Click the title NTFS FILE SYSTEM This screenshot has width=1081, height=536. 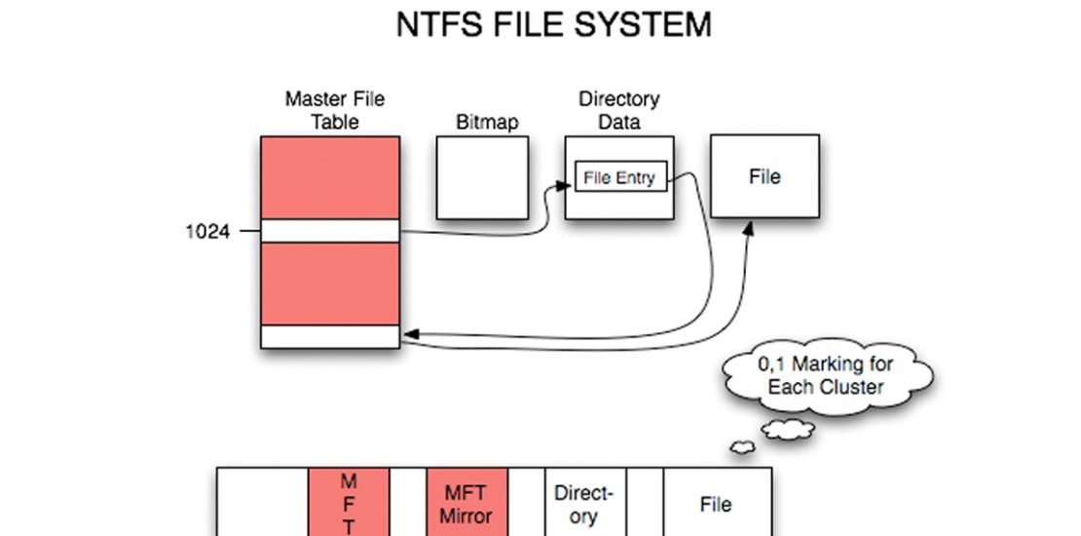[553, 24]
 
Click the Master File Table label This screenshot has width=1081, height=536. [334, 110]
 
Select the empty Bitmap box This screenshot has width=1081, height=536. [482, 176]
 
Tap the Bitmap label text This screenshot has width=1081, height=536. [487, 123]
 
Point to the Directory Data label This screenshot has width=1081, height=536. [618, 110]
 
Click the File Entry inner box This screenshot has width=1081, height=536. [620, 177]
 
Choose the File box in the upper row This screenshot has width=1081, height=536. [764, 176]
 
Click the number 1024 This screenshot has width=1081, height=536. [206, 232]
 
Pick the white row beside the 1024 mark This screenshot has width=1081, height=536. [330, 231]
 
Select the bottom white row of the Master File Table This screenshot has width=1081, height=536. [330, 336]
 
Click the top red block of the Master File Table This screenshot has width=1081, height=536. [330, 177]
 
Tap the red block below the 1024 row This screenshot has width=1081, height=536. [330, 284]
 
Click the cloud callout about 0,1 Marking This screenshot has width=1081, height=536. [825, 376]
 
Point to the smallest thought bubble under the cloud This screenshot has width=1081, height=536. [741, 447]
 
